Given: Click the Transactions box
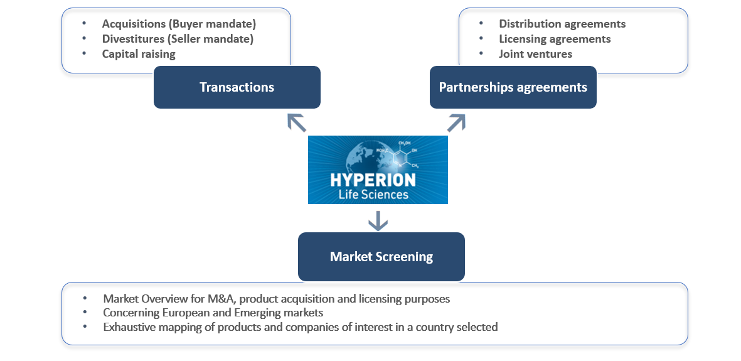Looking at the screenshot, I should coord(237,87).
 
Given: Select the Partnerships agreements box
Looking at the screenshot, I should coord(513,87).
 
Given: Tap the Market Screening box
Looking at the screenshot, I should coord(381,256).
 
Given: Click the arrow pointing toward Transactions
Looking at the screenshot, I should coord(296,122).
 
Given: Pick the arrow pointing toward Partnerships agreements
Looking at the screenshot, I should coord(456,122).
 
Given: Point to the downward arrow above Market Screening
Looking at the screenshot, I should coord(377,220).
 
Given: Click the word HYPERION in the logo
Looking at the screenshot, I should coord(373,180).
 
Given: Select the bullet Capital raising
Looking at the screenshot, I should coord(139,54).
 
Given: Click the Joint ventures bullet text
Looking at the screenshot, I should coord(535,54).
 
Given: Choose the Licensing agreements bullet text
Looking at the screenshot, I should coord(555,39).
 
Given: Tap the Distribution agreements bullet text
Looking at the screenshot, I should coord(562,24).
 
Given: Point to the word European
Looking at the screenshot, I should coord(186,313).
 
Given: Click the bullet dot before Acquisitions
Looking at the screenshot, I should coord(84,24).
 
